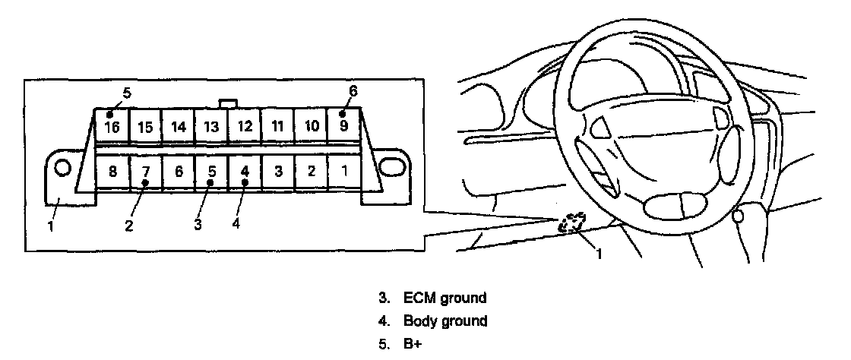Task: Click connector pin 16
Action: pyautogui.click(x=112, y=125)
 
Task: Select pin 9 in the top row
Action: pyautogui.click(x=343, y=125)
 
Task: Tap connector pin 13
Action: pyautogui.click(x=211, y=126)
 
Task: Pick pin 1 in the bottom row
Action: pyautogui.click(x=344, y=171)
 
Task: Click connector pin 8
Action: pyautogui.click(x=112, y=172)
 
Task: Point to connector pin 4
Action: pyautogui.click(x=245, y=172)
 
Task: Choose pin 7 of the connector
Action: pyautogui.click(x=145, y=172)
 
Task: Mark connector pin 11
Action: pyautogui.click(x=277, y=126)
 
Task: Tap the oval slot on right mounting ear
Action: pyautogui.click(x=391, y=166)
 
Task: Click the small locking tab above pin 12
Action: pyautogui.click(x=227, y=103)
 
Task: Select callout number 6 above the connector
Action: pyautogui.click(x=353, y=91)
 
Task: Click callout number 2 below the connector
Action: pyautogui.click(x=129, y=226)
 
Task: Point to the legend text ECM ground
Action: pyautogui.click(x=444, y=298)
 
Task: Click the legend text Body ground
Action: pyautogui.click(x=444, y=321)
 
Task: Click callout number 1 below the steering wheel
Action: pyautogui.click(x=598, y=254)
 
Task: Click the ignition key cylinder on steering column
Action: pyautogui.click(x=738, y=216)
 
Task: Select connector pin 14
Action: pyautogui.click(x=178, y=126)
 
